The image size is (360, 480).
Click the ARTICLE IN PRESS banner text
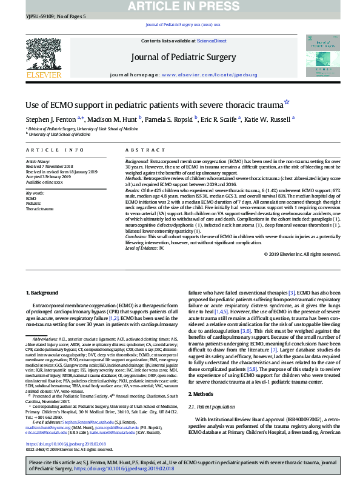(180, 6)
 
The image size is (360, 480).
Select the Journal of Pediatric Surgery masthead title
(179, 58)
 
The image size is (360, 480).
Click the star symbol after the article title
(287, 103)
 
